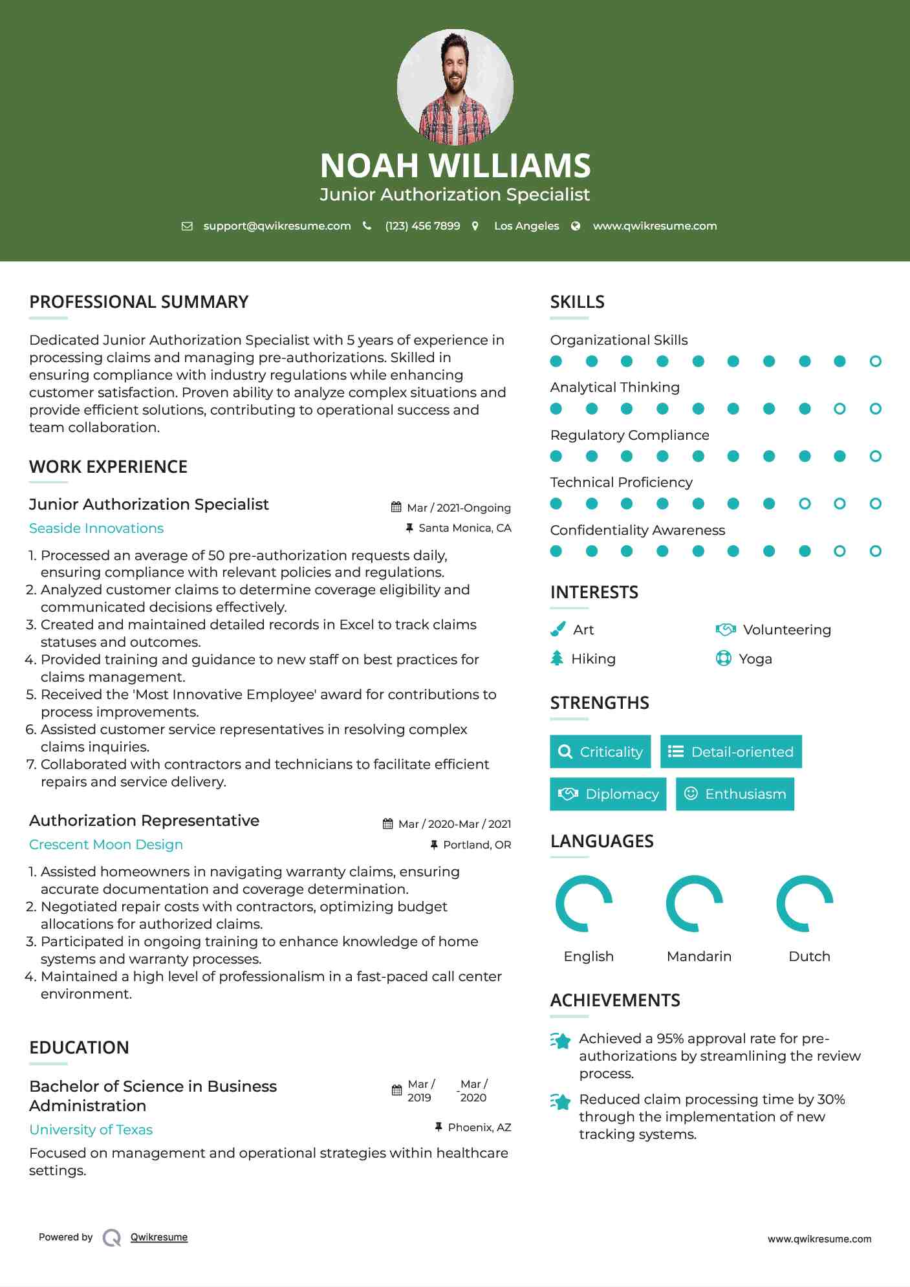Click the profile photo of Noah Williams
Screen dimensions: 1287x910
click(455, 87)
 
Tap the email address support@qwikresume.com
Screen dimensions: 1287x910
click(277, 226)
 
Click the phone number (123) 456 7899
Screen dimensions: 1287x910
click(422, 226)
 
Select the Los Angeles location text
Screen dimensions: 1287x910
click(526, 226)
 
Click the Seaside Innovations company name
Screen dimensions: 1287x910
click(96, 528)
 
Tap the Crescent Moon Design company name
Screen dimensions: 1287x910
click(106, 845)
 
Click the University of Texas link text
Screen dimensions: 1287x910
click(91, 1130)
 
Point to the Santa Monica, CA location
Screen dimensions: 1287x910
click(464, 528)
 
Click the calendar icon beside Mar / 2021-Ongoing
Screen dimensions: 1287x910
click(396, 508)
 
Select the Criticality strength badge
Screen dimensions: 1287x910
click(600, 752)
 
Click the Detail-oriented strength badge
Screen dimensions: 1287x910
click(731, 752)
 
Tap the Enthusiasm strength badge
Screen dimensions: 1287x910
click(735, 794)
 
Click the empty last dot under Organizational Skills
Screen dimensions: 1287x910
click(875, 362)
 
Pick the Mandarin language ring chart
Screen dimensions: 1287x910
click(695, 903)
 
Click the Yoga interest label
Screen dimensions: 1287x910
click(755, 659)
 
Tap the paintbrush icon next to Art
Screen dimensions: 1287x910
click(558, 629)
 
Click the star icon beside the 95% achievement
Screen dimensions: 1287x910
click(561, 1041)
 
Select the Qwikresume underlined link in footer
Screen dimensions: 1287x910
click(159, 1237)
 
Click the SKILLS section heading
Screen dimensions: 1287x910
click(577, 302)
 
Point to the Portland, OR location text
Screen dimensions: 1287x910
click(477, 845)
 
